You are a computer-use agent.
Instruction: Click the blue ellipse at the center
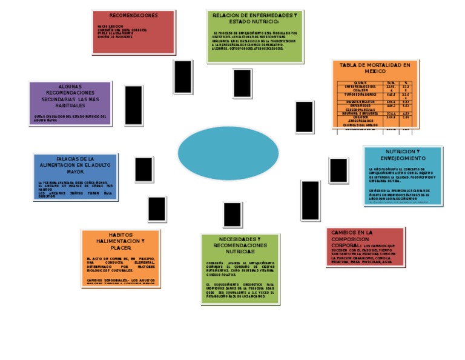coord(228,153)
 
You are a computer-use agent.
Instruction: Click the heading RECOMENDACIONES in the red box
coord(134,15)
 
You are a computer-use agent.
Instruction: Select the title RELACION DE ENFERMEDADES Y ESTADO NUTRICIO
coord(254,18)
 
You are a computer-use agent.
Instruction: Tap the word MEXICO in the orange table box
coord(375,72)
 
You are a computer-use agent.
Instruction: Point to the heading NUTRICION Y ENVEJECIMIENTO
coord(402,155)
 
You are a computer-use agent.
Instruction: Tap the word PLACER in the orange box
coord(120,248)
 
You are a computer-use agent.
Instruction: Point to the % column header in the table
coord(406,82)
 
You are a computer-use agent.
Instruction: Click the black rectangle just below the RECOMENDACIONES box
coord(183,77)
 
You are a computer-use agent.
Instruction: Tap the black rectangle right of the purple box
coord(133,105)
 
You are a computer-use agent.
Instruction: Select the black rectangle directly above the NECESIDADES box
coord(232,215)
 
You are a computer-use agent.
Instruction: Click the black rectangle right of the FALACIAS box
coord(143,170)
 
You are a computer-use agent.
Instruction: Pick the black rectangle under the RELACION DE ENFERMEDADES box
coord(242,83)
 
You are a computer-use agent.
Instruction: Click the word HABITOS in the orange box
coord(120,235)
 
